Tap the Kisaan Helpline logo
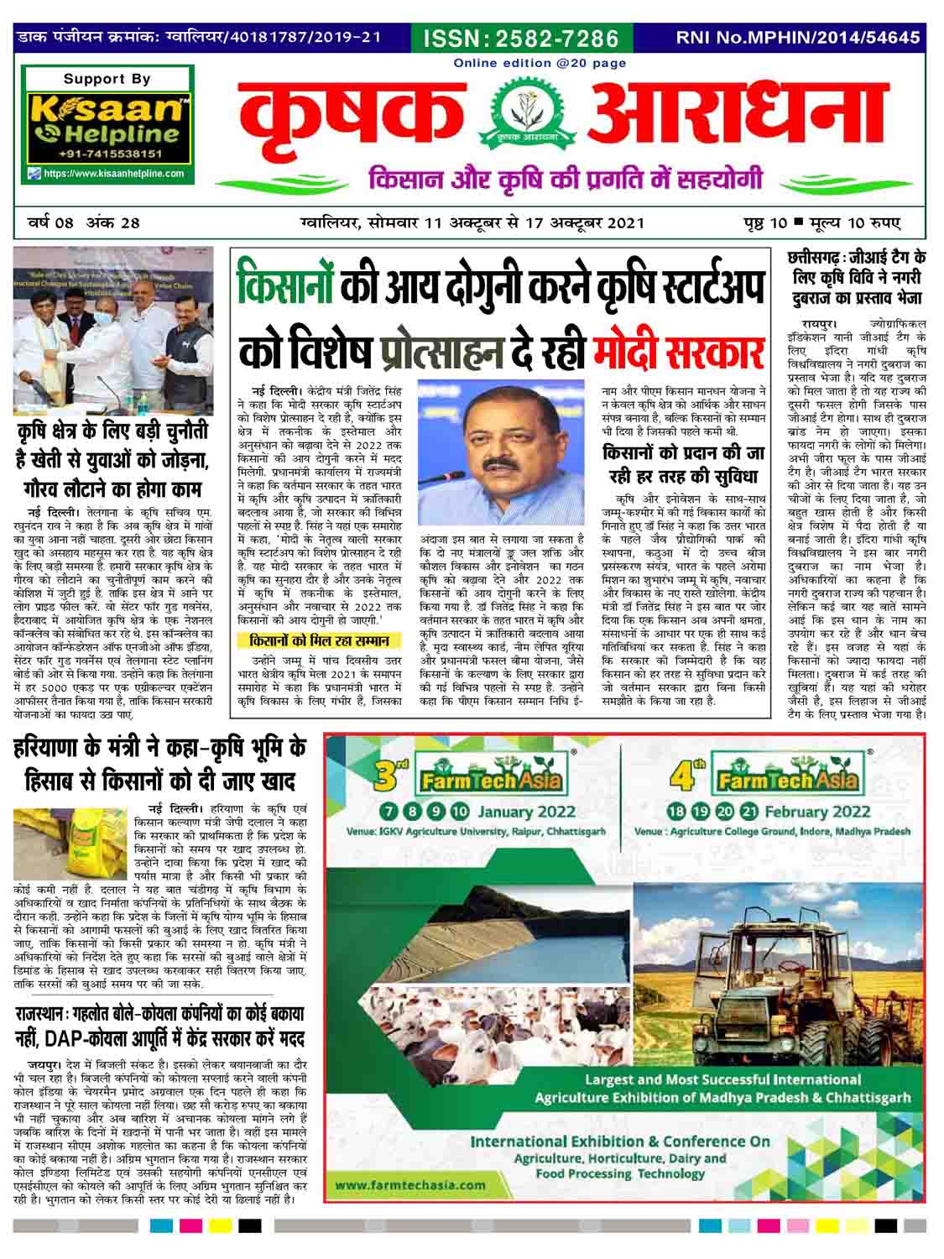point(107,121)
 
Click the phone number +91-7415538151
point(110,155)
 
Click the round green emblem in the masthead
point(519,118)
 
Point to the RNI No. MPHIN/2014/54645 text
point(797,38)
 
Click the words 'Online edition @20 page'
point(528,63)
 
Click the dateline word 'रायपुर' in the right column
point(818,321)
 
